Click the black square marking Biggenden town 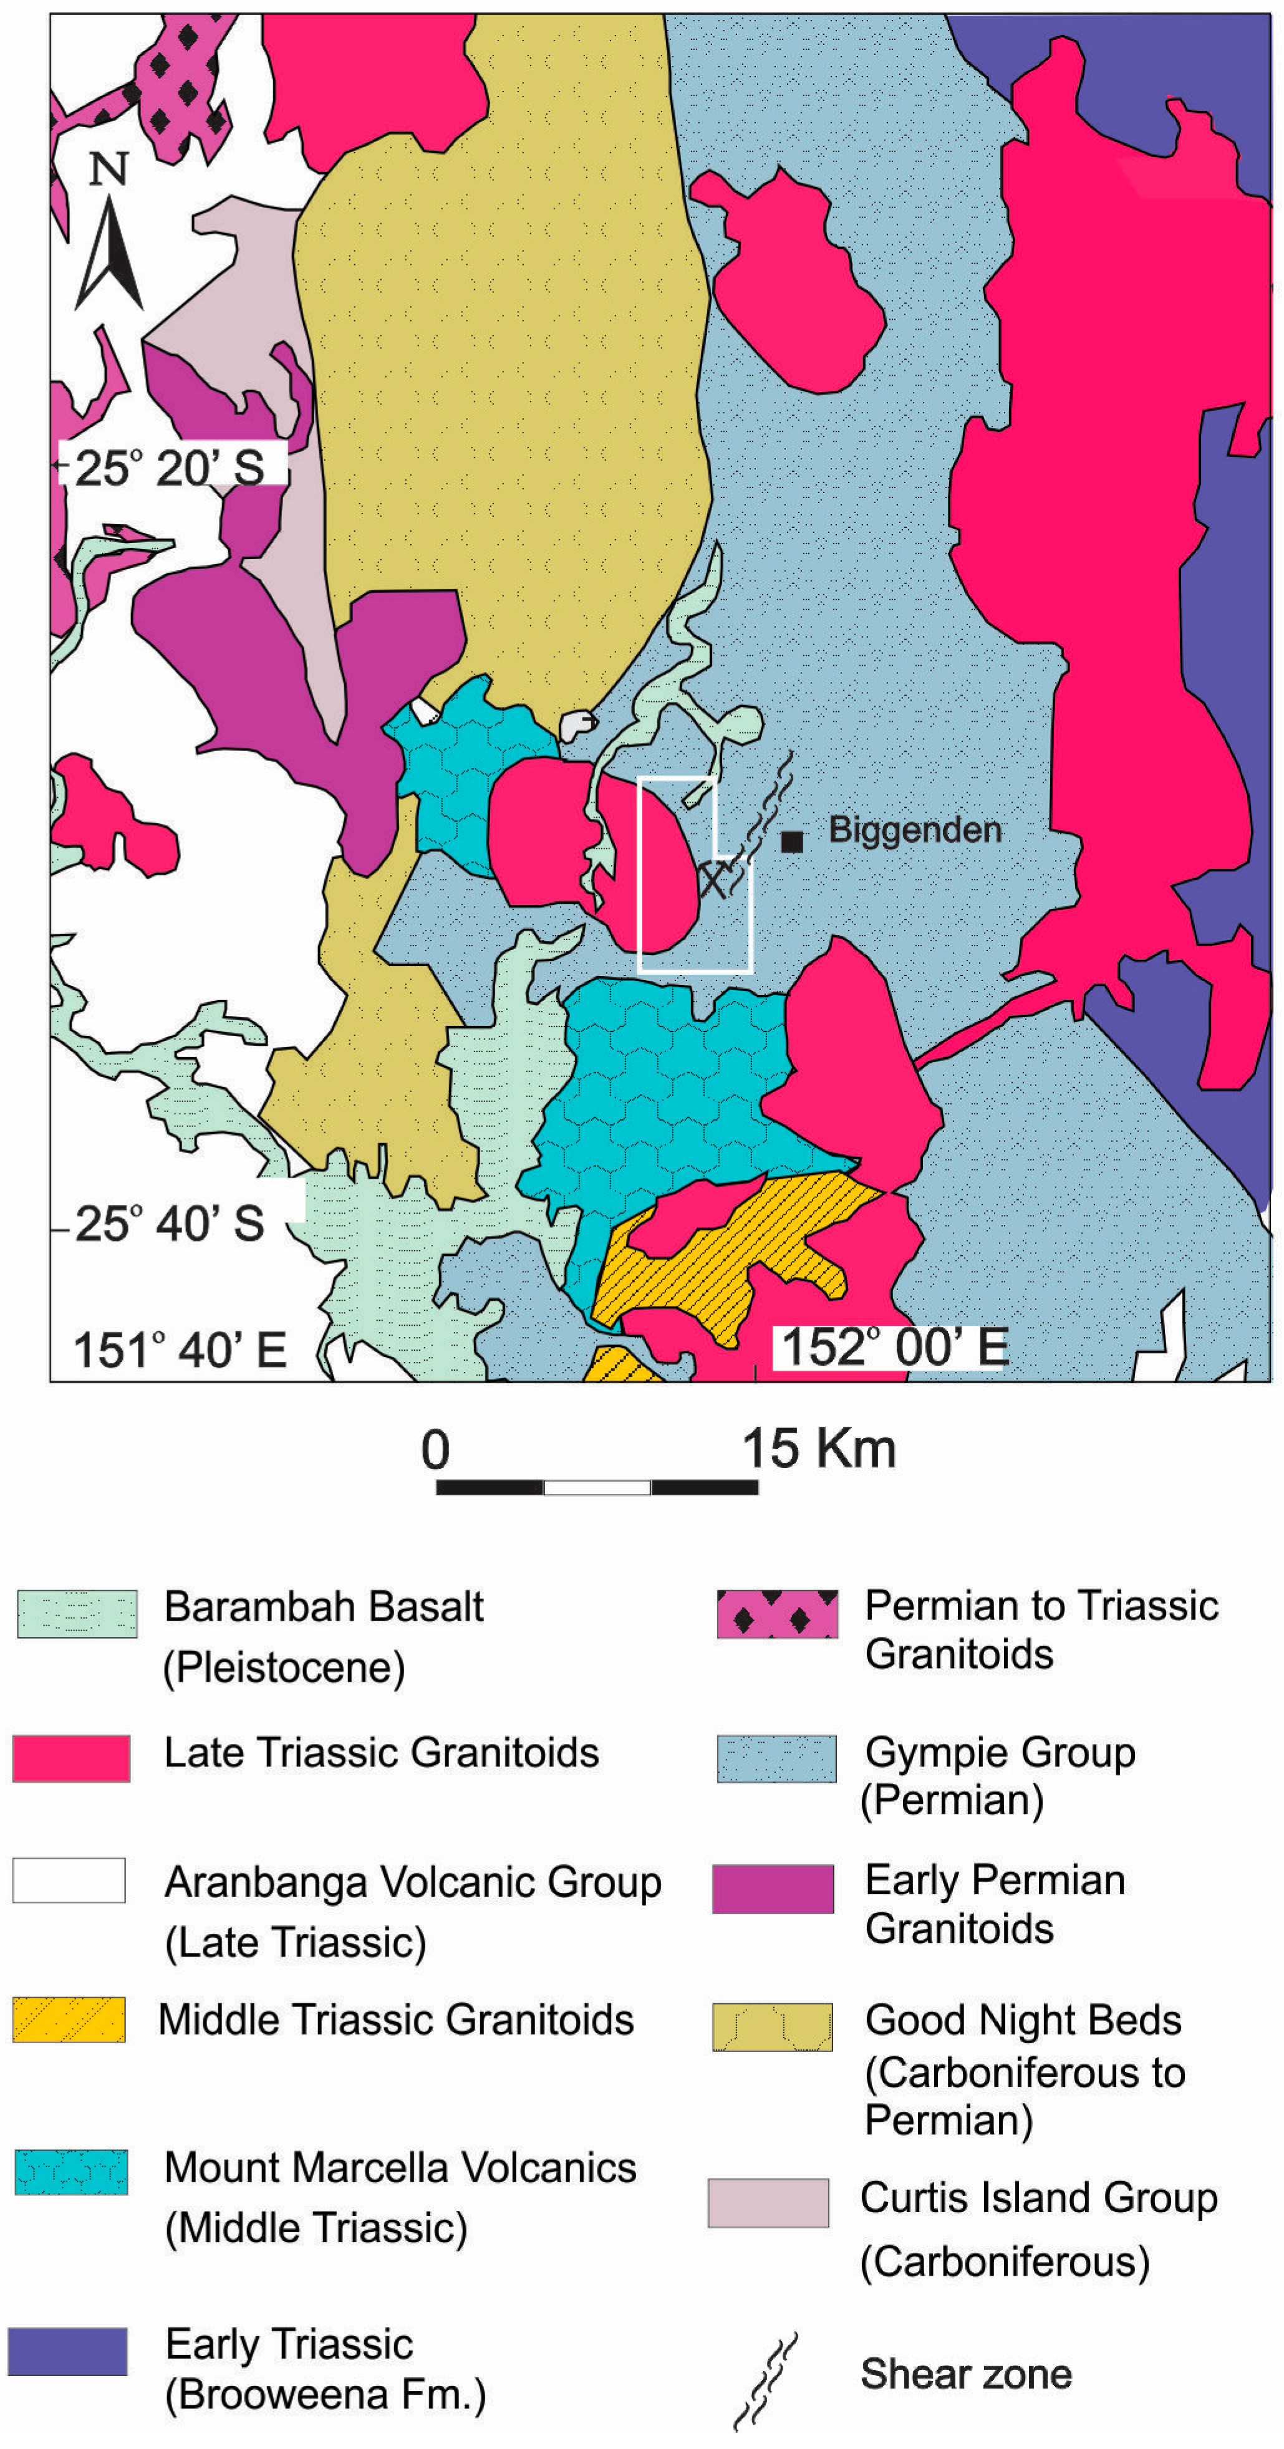(x=791, y=840)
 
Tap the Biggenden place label (x=915, y=830)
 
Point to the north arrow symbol (x=110, y=255)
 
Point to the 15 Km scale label (x=818, y=1448)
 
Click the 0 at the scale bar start (x=436, y=1450)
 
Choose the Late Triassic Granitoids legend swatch (x=71, y=1758)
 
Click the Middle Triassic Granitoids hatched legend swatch (x=69, y=2020)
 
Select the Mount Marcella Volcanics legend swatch (x=71, y=2172)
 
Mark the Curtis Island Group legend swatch (x=768, y=2203)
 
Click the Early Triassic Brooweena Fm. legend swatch (x=67, y=2351)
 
